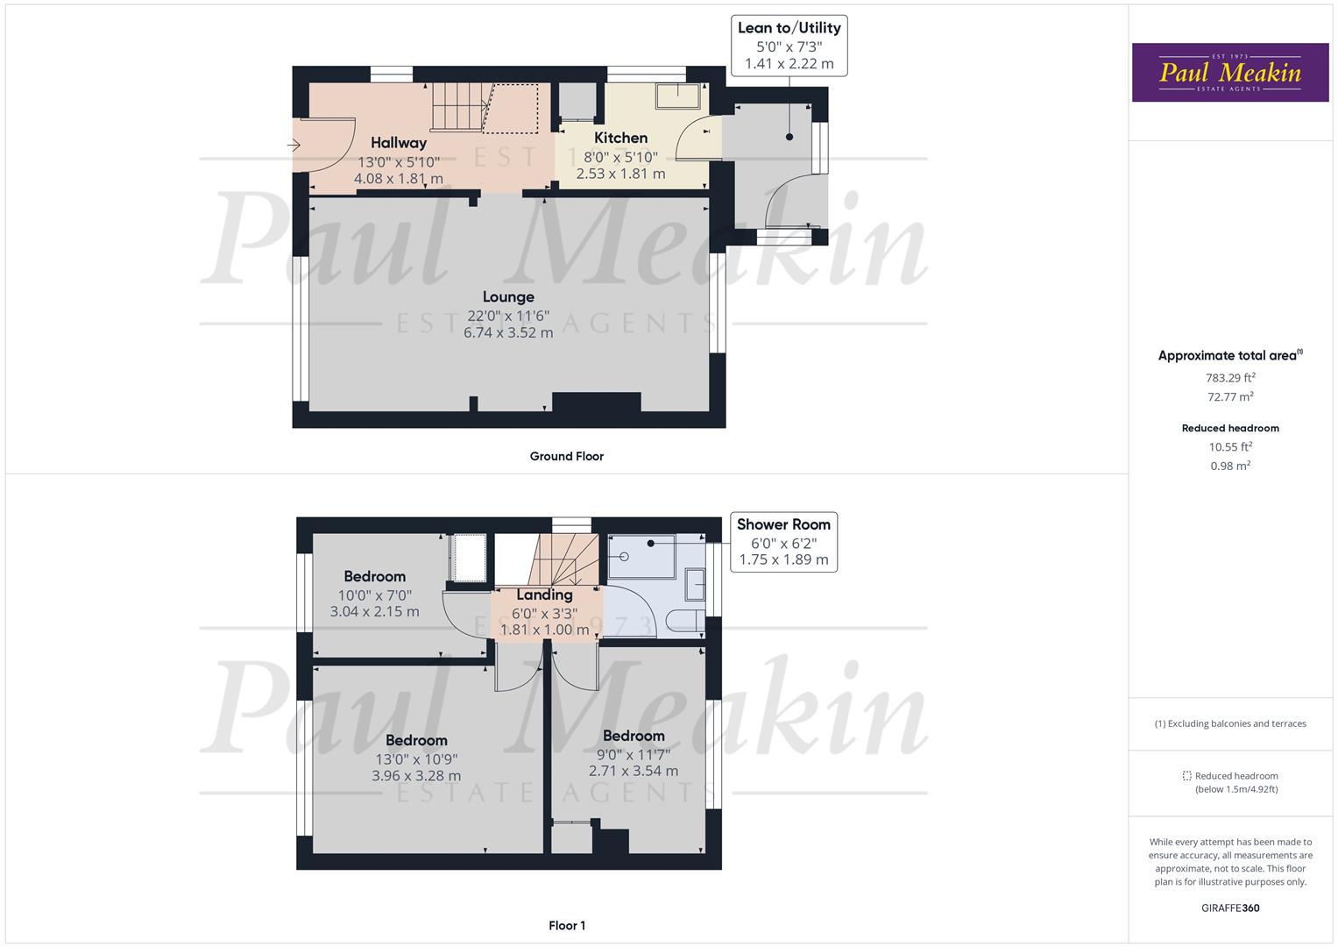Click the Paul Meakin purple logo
pos(1230,72)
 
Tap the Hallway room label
pos(399,143)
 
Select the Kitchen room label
pos(620,139)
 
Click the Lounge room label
pos(508,297)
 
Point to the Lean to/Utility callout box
pos(789,46)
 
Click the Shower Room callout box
pos(783,542)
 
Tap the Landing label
pos(544,595)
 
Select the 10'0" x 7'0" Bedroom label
pos(374,577)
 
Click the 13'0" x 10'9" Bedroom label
pos(416,741)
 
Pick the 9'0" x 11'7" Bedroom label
pos(634,736)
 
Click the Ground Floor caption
pos(567,457)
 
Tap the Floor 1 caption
pos(567,926)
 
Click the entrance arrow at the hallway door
pos(294,145)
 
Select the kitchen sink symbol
pos(678,96)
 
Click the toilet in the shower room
pos(685,621)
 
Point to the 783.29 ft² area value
pos(1230,378)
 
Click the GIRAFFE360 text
pos(1230,908)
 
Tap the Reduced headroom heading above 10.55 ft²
pos(1230,428)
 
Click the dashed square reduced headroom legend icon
pos(1186,776)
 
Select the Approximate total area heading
pos(1230,355)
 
